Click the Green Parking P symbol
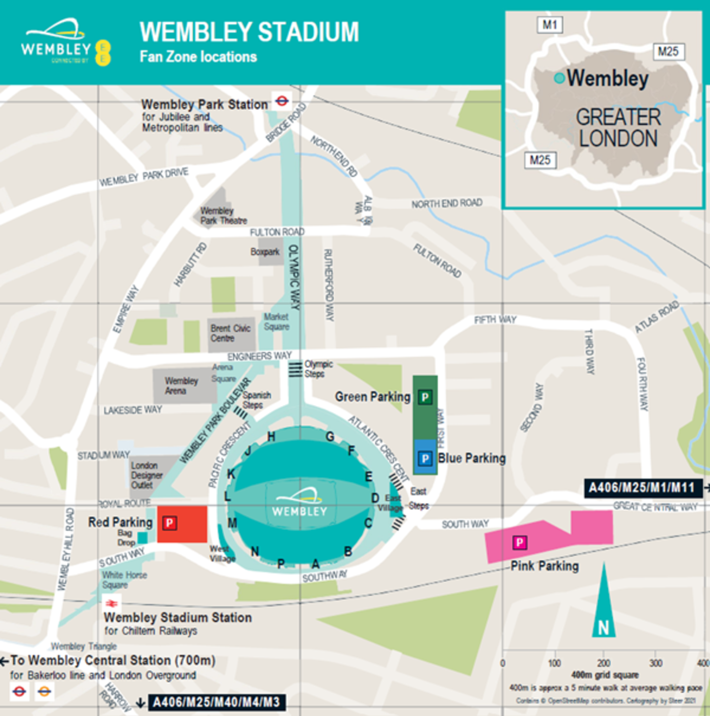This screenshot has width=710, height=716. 425,397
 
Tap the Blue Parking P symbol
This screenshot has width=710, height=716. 425,459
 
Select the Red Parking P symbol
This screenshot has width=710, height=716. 170,523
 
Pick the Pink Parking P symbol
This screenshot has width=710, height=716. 519,543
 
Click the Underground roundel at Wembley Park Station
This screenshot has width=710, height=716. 282,101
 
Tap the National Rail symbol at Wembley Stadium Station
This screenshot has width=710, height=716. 112,603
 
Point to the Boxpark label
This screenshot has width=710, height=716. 265,252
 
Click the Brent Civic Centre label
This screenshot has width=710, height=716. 230,333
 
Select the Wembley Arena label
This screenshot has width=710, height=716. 181,386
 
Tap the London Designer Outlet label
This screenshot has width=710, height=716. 146,475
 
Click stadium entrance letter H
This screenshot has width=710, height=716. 271,436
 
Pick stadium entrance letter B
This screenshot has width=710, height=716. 348,551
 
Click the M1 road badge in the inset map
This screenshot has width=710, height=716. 549,25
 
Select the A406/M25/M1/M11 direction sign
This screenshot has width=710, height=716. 642,488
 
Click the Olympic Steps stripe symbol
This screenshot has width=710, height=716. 295,369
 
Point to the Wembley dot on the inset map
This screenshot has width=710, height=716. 559,78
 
